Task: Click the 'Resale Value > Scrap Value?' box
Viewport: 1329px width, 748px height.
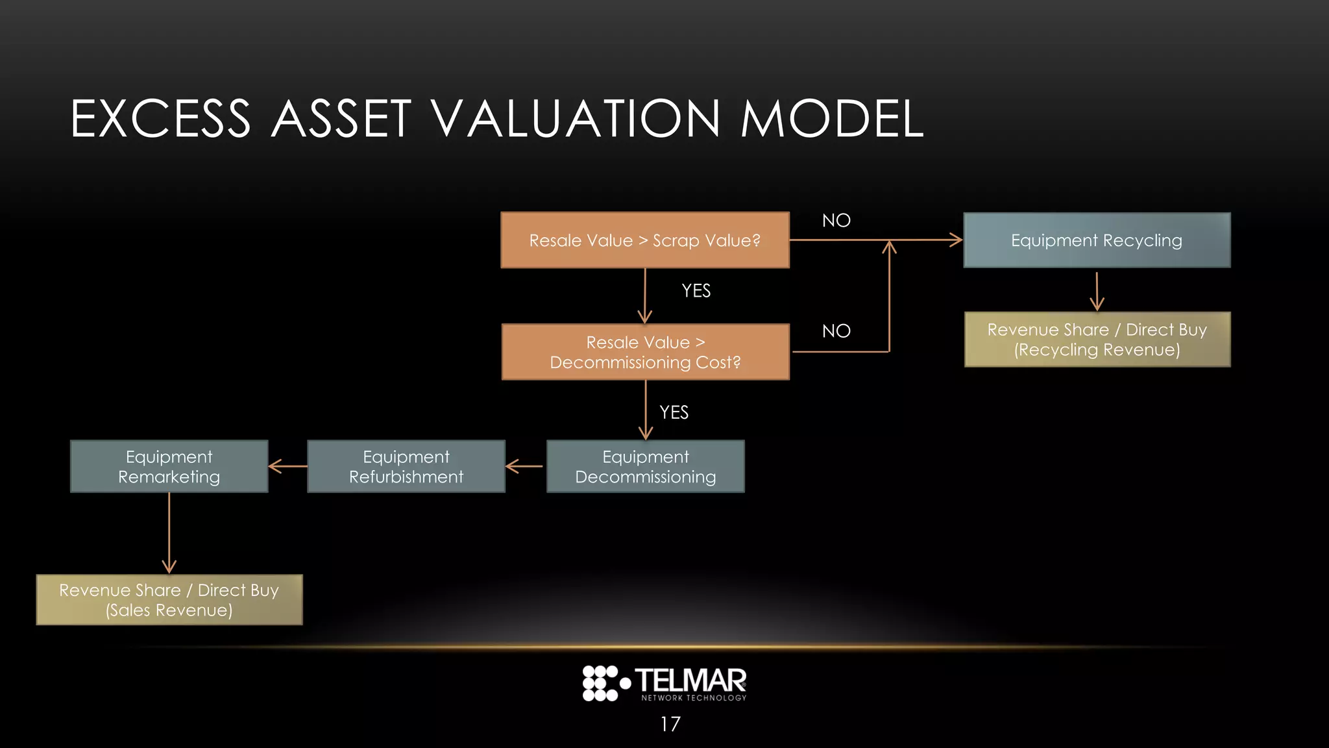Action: (x=645, y=240)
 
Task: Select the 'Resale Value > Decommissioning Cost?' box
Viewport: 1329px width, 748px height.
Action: (x=645, y=352)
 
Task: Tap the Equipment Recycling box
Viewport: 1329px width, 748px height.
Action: (x=1097, y=240)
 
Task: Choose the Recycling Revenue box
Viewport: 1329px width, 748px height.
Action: (x=1097, y=340)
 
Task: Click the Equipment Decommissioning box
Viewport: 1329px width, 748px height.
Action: (x=645, y=466)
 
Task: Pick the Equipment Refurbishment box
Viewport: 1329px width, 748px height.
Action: (x=406, y=466)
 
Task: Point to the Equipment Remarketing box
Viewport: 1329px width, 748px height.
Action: (x=169, y=466)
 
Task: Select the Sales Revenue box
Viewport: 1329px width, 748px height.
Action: (x=169, y=600)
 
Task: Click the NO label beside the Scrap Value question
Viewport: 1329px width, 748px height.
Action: (x=836, y=221)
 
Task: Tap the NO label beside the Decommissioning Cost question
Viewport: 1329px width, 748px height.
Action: (x=836, y=331)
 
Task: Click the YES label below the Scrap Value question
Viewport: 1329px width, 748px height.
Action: (x=696, y=291)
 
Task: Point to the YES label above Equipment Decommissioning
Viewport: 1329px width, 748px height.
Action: (x=674, y=412)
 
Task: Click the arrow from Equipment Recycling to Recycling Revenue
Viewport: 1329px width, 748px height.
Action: (x=1097, y=292)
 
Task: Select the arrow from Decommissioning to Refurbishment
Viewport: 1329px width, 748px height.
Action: (x=524, y=466)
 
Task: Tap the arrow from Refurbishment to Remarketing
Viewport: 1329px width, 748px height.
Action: (x=287, y=466)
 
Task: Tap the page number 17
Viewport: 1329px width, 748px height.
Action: (x=670, y=724)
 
